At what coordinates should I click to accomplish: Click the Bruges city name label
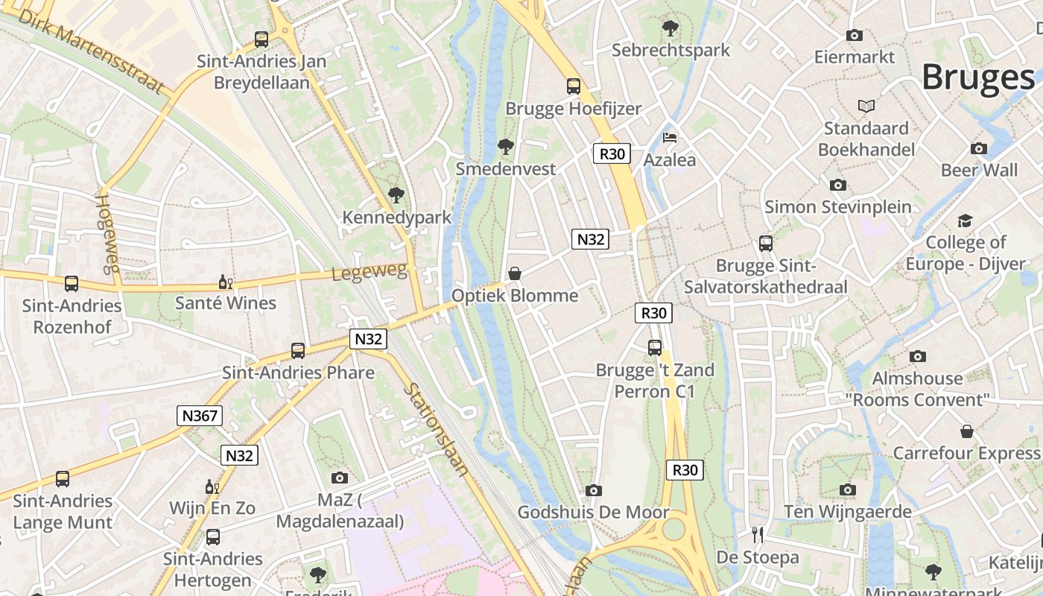pos(977,77)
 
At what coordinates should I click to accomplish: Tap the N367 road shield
pos(200,415)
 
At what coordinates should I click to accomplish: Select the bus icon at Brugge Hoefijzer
pos(573,86)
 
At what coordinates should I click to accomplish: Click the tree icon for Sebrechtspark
pos(670,28)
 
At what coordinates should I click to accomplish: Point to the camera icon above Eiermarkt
pos(854,35)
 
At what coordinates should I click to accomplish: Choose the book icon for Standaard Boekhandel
pos(866,106)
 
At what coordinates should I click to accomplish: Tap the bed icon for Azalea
pos(670,138)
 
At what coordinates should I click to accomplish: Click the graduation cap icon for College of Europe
pos(965,221)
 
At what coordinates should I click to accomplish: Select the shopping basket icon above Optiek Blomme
pos(514,273)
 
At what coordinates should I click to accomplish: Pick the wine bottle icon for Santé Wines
pos(225,282)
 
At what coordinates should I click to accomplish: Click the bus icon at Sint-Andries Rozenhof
pos(72,284)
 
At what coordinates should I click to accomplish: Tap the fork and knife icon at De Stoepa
pos(758,535)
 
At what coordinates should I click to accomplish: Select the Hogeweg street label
pos(108,233)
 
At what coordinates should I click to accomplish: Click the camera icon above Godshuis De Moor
pos(593,490)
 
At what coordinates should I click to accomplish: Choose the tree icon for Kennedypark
pos(396,195)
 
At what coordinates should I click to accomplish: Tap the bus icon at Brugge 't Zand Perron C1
pos(654,348)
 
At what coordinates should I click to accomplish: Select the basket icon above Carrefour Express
pos(966,431)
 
